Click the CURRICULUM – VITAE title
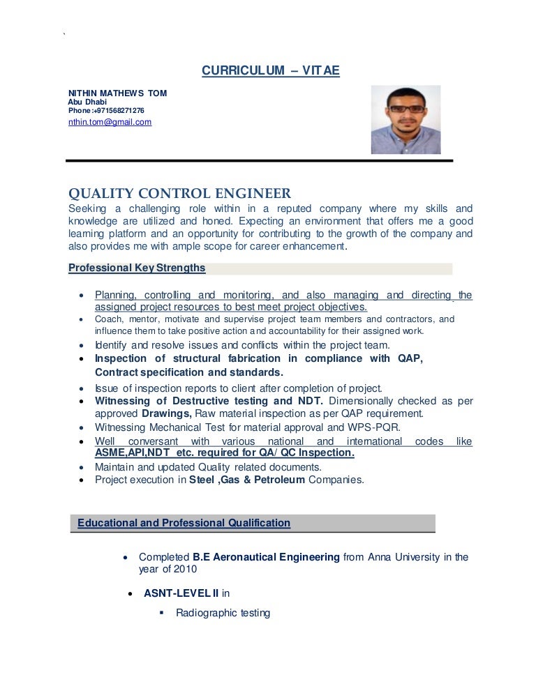tap(270, 71)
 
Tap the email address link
tap(110, 123)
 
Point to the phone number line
tap(106, 110)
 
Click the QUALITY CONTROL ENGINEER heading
tap(179, 193)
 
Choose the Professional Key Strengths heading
tap(136, 268)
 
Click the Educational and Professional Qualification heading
tap(184, 522)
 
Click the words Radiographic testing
tap(223, 613)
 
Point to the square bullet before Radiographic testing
tap(162, 613)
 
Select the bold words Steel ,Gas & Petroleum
tap(247, 480)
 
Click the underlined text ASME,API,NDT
tap(131, 453)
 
